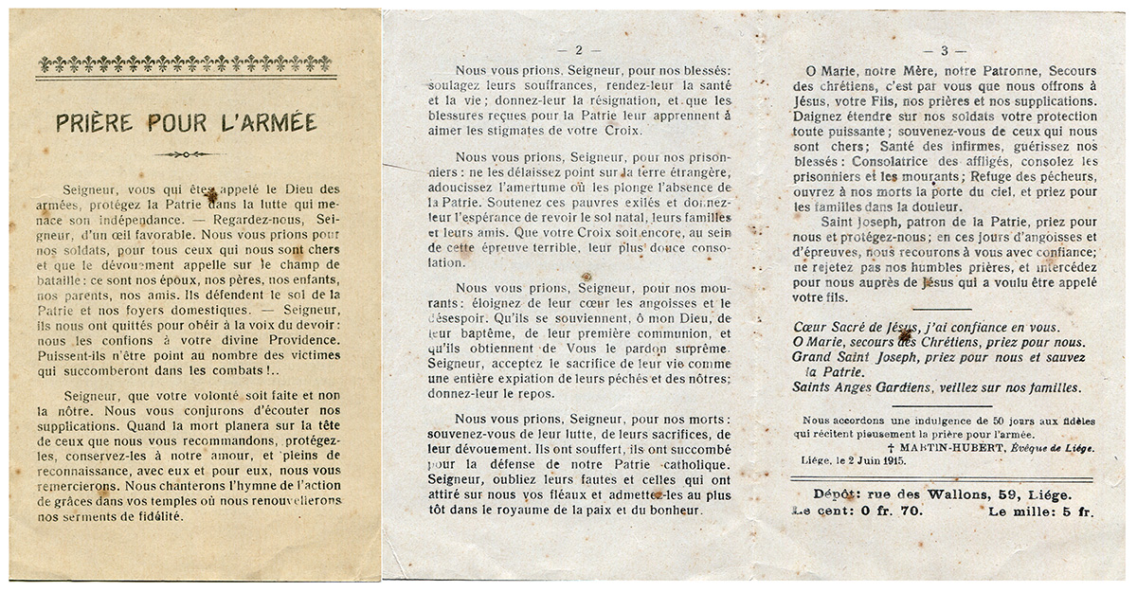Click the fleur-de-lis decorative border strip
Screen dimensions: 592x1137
184,64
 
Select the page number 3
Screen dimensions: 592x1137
943,49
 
